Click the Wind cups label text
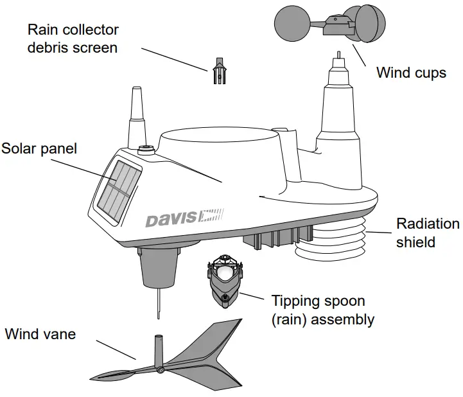point(410,72)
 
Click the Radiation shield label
point(428,233)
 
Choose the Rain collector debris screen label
point(73,39)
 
